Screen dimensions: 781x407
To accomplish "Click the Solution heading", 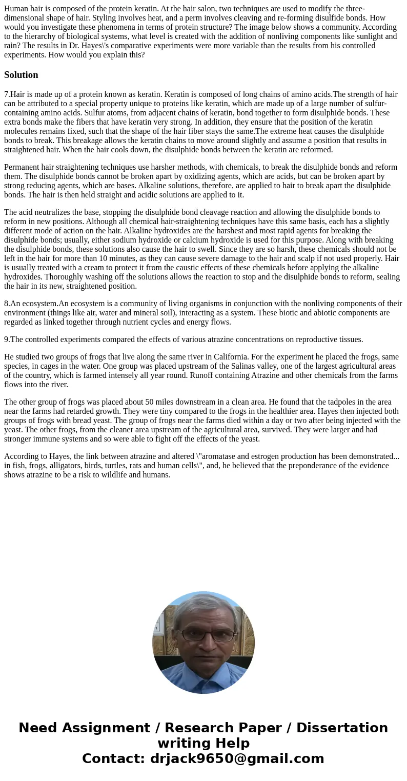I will (21, 75).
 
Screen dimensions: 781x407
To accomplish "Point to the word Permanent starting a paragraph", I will (23, 167).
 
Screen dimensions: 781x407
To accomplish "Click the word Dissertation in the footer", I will (342, 728).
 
